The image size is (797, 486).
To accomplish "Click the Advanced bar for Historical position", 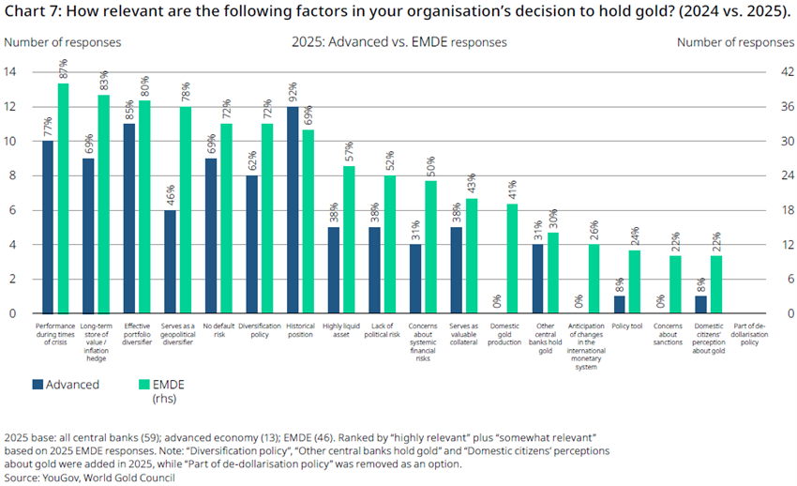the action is (x=293, y=210).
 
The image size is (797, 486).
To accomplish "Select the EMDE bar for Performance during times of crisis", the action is (x=63, y=198).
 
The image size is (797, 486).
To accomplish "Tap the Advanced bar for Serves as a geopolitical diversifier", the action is (x=170, y=262).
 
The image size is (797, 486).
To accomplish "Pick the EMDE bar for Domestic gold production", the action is (x=512, y=259).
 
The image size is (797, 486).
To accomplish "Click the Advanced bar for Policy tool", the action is (x=620, y=305).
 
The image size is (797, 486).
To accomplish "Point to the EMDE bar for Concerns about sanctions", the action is (x=675, y=284).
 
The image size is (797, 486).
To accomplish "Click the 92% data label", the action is (x=293, y=92).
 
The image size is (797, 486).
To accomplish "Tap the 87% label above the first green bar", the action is (x=64, y=68).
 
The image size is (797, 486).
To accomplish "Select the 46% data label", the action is (x=171, y=195).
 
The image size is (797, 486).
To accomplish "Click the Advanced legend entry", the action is (x=66, y=385).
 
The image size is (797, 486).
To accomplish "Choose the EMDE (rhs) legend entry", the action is (x=161, y=391).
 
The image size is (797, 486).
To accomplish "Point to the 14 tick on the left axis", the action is (x=10, y=71).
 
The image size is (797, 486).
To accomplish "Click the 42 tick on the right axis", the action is (x=788, y=71).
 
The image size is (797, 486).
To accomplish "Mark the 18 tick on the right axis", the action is (x=788, y=210).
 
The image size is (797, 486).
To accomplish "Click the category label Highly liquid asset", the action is (x=341, y=330).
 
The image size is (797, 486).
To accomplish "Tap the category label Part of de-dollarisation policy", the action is (x=749, y=334).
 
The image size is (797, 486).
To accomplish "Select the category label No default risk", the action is (x=219, y=330).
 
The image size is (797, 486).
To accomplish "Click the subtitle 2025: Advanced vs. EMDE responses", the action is (x=399, y=42).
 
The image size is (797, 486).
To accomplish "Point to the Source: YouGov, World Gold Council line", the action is (x=89, y=478).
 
